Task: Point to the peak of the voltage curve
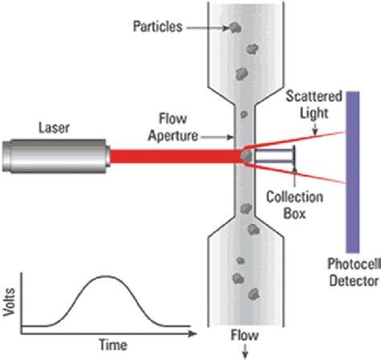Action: tap(105, 276)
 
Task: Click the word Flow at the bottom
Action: tap(240, 337)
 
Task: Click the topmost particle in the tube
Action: tap(236, 28)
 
